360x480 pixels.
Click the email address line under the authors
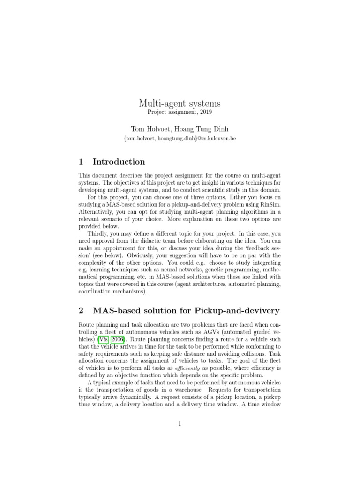[180, 139]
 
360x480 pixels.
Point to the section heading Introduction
[119, 162]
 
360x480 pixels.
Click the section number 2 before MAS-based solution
[82, 310]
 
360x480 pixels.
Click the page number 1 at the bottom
[180, 424]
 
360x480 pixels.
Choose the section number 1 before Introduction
[81, 162]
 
